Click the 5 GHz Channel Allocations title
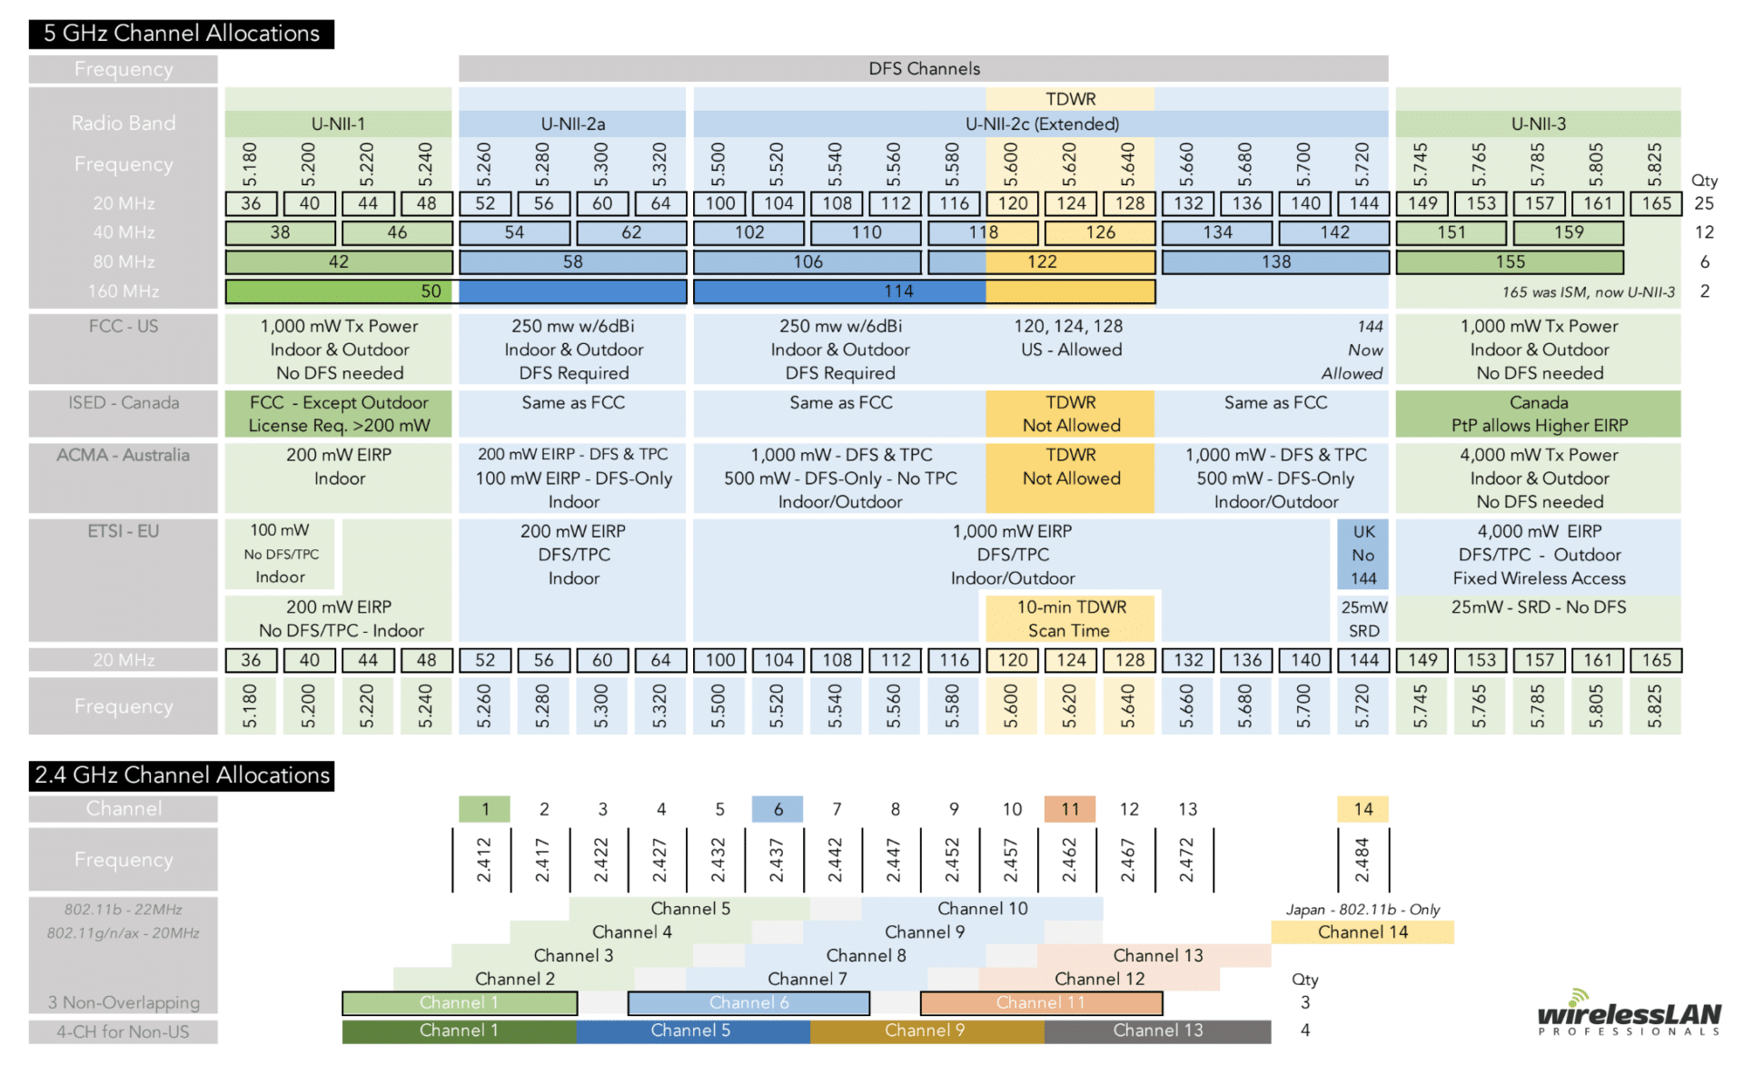[x=181, y=34]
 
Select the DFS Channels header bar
[x=923, y=69]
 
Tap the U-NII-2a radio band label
[x=572, y=123]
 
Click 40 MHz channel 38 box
[x=280, y=232]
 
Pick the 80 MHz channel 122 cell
[x=1042, y=262]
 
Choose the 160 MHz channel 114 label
[x=898, y=291]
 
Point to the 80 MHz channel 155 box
[x=1510, y=262]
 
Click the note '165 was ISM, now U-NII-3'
[x=1588, y=292]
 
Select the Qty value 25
[x=1703, y=203]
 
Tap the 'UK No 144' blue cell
[x=1362, y=555]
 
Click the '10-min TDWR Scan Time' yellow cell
[x=1070, y=618]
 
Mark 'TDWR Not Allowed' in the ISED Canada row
[x=1070, y=414]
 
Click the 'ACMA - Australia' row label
[x=123, y=455]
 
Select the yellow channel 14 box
[x=1362, y=809]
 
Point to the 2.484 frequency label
[x=1362, y=860]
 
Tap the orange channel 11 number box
[x=1070, y=809]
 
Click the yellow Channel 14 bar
[x=1362, y=932]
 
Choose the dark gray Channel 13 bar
[x=1157, y=1030]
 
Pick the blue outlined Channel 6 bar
[x=748, y=1003]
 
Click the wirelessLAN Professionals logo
[x=1628, y=1015]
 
